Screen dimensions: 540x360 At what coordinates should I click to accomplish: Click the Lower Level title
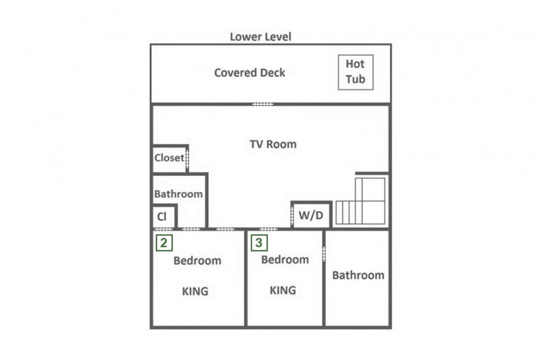tap(260, 37)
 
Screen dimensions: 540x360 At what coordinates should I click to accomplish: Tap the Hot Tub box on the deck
tap(355, 72)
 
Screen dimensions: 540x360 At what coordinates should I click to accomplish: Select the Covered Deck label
tap(249, 73)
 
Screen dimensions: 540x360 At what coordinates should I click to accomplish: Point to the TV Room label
tap(273, 144)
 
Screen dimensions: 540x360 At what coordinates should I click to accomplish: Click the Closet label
tap(169, 158)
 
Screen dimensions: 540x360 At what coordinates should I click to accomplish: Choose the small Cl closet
tap(164, 216)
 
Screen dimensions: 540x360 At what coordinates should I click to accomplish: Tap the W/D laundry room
tap(312, 215)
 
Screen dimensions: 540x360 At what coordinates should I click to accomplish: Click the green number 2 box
tap(164, 243)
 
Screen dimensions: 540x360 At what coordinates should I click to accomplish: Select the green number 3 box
tap(259, 243)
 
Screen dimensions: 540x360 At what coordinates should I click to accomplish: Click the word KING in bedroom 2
tap(195, 291)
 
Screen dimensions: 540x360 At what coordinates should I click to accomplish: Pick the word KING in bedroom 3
tap(283, 290)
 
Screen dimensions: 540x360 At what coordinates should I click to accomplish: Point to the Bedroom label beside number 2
tap(197, 261)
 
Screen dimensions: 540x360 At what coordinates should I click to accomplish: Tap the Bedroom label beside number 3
tap(285, 260)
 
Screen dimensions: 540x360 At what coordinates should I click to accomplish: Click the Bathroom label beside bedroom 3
tap(358, 275)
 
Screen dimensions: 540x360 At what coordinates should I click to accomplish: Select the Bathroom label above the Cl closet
tap(178, 194)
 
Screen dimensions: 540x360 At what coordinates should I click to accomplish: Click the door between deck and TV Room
tap(263, 104)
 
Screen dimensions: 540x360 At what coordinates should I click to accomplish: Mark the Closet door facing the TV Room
tap(187, 158)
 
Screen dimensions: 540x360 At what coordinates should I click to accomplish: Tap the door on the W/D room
tap(292, 216)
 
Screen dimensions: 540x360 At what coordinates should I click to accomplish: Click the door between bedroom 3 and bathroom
tap(323, 254)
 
